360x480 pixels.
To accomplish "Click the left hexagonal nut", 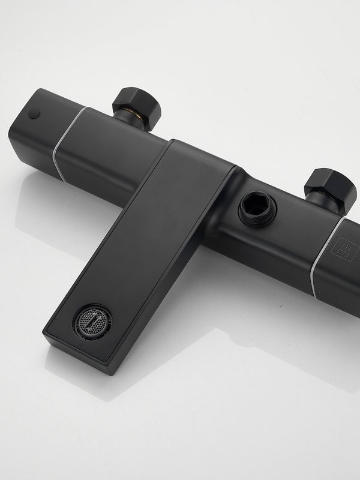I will tap(136, 103).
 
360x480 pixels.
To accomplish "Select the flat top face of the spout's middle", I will tap(150, 240).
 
